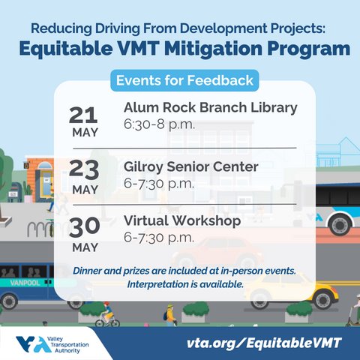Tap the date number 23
[84, 169]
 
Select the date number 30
[84, 227]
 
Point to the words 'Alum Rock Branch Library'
[210, 107]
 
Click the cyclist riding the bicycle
[106, 314]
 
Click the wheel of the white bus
[340, 224]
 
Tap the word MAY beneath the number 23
[84, 190]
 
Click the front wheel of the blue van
[9, 301]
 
